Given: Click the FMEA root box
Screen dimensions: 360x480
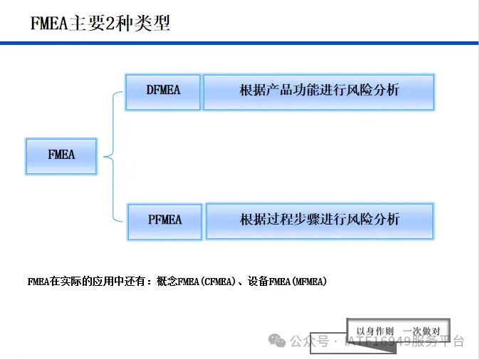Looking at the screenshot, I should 61,155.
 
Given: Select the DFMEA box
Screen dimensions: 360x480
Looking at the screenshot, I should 163,91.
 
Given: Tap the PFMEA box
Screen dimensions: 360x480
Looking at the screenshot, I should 165,220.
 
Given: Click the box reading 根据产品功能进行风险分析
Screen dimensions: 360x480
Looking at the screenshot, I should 318,91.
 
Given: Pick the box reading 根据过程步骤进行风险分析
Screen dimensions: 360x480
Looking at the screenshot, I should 319,220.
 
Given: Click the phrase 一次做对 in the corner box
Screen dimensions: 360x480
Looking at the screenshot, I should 422,331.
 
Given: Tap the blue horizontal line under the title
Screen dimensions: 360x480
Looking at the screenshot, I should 240,43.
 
